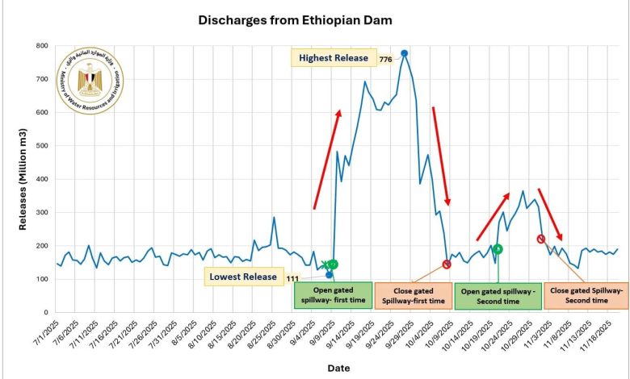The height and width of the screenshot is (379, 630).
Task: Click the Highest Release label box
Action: click(x=333, y=58)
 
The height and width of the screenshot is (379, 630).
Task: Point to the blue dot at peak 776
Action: click(x=404, y=53)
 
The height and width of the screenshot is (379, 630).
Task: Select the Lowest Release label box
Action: click(x=243, y=277)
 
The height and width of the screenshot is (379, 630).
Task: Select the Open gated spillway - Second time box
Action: click(x=498, y=295)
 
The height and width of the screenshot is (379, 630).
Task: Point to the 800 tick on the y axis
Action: click(x=40, y=46)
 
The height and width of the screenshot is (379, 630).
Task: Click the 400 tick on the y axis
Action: click(x=40, y=179)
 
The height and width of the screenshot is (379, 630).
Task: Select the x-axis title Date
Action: click(x=339, y=367)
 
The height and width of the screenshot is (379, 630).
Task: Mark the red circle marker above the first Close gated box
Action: click(x=447, y=264)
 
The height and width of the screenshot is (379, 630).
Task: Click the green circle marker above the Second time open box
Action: click(x=498, y=249)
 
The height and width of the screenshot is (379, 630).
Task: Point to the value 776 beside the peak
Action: click(x=384, y=58)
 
